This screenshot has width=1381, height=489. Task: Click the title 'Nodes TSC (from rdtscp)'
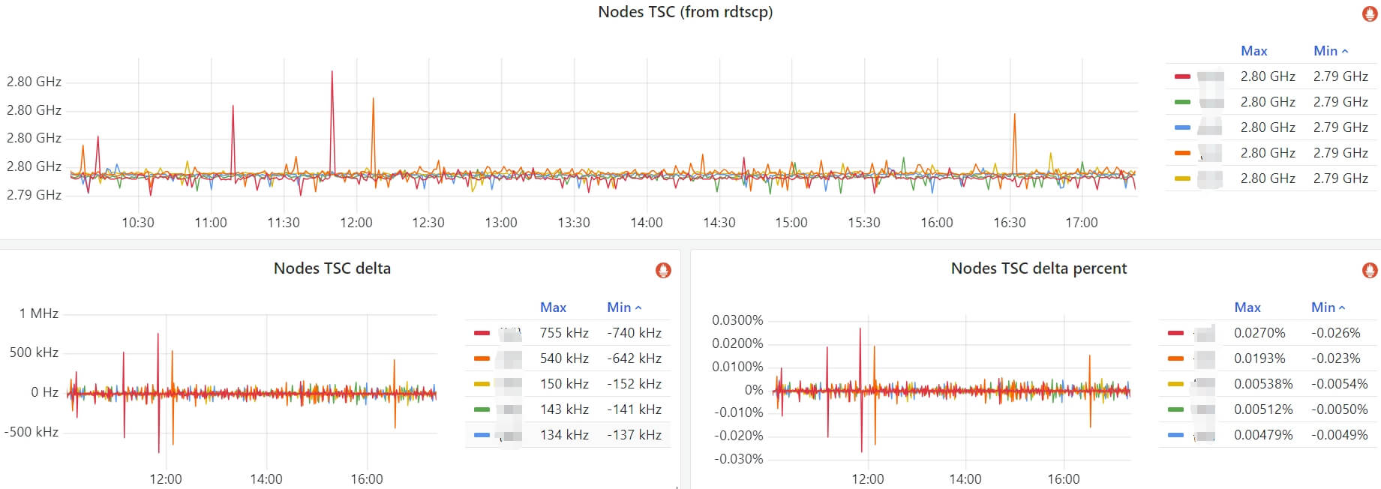coord(685,12)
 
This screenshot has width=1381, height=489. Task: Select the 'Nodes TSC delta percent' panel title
coord(1038,268)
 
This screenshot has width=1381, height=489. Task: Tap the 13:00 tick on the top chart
coord(501,223)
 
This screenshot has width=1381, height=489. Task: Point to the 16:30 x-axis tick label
coord(1009,223)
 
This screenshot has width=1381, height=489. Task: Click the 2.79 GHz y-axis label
coord(34,195)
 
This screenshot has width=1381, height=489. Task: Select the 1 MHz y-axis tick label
coord(39,313)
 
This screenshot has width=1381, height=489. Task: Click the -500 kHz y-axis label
coord(32,432)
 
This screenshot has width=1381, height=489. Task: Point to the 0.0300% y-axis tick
coord(737,320)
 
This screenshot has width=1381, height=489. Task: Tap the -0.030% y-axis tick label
coord(739,459)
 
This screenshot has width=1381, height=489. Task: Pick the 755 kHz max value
coord(564,333)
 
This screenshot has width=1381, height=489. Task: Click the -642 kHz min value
coord(634,358)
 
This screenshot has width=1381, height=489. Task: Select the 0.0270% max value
coord(1259,333)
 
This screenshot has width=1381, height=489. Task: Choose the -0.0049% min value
coord(1339,435)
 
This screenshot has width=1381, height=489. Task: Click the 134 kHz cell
coord(564,435)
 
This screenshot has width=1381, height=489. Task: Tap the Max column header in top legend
coord(1253,51)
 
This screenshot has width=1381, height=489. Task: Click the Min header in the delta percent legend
coord(1324,307)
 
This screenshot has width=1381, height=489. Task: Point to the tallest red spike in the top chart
coord(332,73)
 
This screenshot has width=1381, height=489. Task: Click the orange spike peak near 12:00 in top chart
coord(373,99)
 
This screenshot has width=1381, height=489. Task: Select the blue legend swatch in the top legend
coord(1182,127)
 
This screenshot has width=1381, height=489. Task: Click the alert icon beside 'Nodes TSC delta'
coord(663,270)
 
